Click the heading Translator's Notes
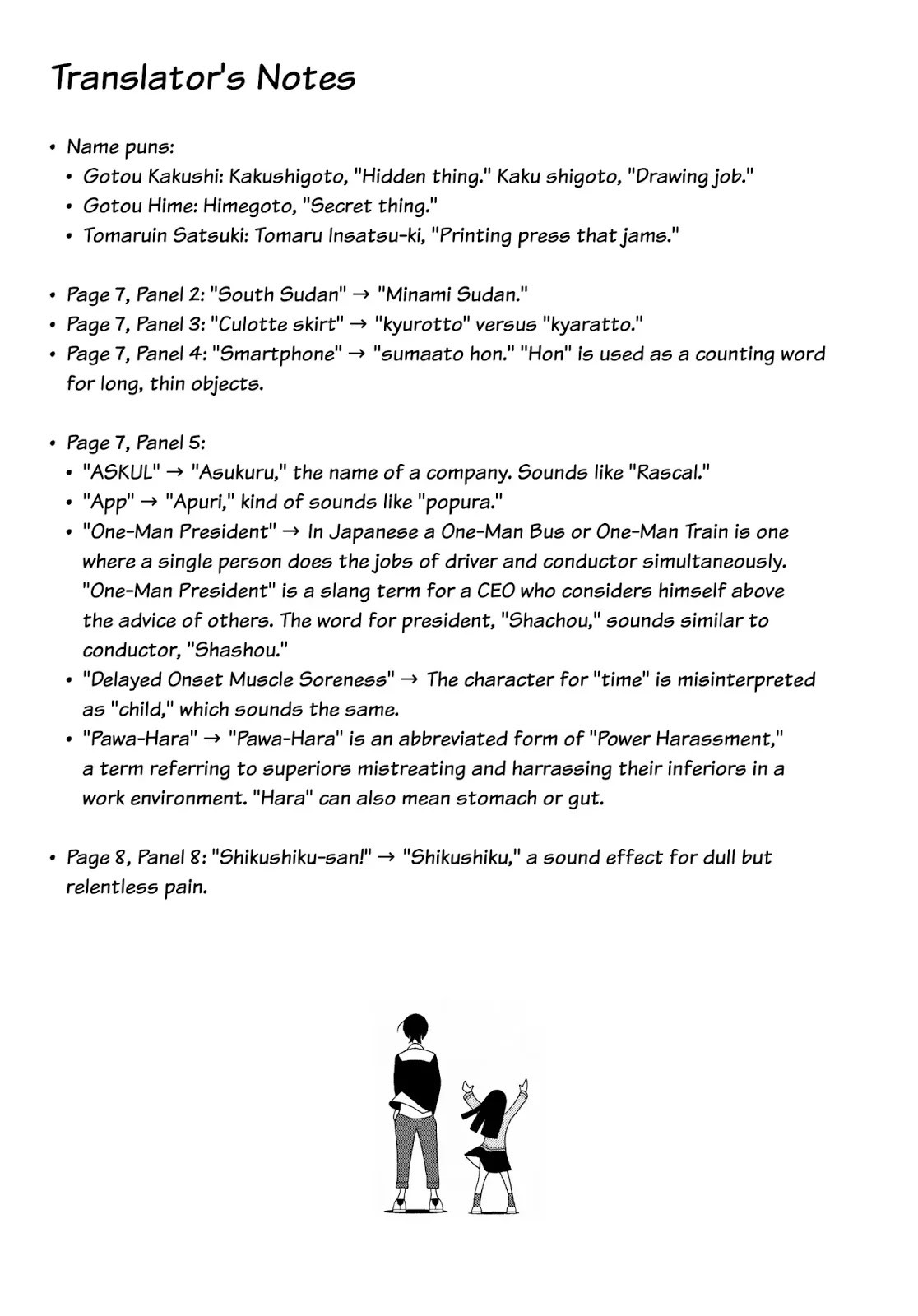tap(203, 78)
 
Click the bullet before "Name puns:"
tap(53, 147)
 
